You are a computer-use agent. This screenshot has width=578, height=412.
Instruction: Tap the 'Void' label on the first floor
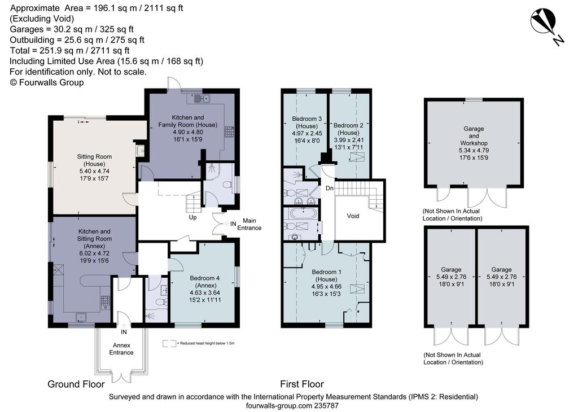[x=353, y=216]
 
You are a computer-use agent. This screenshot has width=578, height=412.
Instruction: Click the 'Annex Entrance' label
[x=121, y=349]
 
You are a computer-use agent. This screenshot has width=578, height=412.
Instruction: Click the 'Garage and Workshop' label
[x=474, y=136]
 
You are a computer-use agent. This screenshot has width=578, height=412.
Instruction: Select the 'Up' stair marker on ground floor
[x=192, y=217]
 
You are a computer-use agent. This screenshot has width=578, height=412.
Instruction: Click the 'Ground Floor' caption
[x=76, y=384]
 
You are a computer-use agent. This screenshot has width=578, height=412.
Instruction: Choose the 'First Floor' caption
[x=302, y=384]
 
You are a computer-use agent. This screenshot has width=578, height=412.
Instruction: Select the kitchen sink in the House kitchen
[x=201, y=99]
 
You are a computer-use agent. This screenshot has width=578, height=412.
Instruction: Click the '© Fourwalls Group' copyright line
[x=47, y=82]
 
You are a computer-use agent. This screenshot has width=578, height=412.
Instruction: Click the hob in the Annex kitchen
[x=105, y=303]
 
